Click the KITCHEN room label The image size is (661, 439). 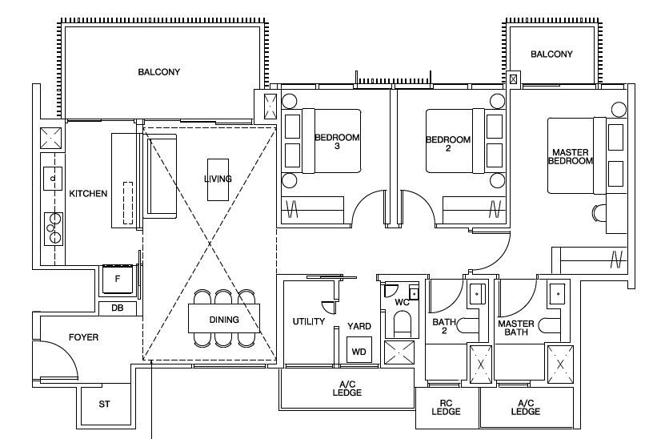(88, 193)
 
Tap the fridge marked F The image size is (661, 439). (118, 279)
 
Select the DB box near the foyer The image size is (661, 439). (118, 308)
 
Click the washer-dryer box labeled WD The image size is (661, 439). (359, 349)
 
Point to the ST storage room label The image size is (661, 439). (104, 404)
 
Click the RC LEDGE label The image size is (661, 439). (446, 407)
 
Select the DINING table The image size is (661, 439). (224, 318)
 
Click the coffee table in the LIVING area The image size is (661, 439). (218, 179)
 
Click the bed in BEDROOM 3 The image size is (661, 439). (331, 141)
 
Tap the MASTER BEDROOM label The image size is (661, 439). (570, 156)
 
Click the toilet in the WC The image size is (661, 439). (403, 324)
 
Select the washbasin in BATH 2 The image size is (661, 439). (477, 292)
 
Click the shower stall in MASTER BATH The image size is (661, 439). (560, 364)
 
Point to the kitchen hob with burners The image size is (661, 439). (54, 229)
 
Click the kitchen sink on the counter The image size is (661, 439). (53, 179)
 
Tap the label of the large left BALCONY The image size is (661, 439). (159, 72)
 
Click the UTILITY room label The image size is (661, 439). (309, 322)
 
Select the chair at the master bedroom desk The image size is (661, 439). (599, 212)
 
